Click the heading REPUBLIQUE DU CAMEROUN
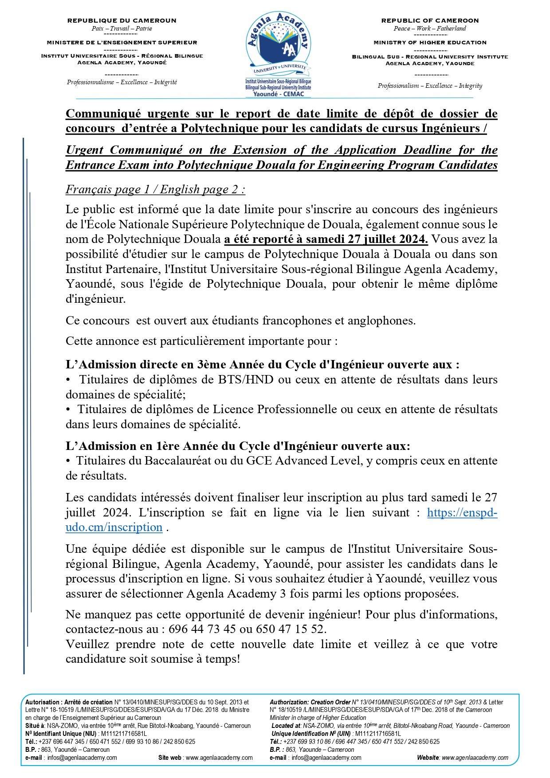click(x=122, y=20)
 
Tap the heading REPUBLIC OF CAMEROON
click(x=430, y=20)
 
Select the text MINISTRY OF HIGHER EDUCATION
click(x=430, y=43)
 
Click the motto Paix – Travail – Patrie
click(x=122, y=28)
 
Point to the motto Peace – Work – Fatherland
click(x=430, y=28)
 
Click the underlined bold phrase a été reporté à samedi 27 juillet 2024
click(x=326, y=239)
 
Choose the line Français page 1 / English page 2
click(x=155, y=190)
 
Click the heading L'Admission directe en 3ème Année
click(x=262, y=365)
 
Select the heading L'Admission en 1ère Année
click(x=238, y=446)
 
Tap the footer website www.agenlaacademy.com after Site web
click(x=219, y=758)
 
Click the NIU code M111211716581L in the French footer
click(x=124, y=734)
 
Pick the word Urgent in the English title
click(x=85, y=150)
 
